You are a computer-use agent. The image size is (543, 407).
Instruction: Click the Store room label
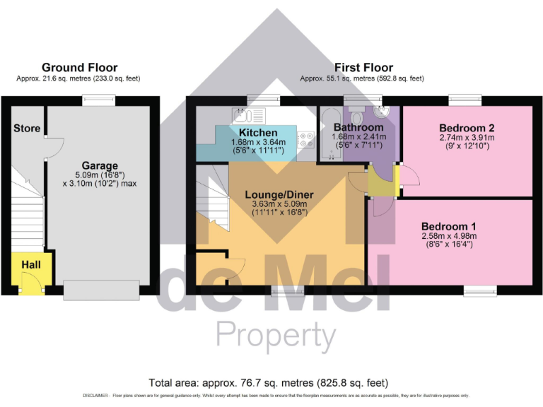point(26,129)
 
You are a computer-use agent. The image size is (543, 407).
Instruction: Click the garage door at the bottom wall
point(101,290)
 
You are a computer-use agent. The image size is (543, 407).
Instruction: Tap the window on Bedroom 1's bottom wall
point(479,290)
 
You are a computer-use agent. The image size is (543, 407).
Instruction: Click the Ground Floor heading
point(79,67)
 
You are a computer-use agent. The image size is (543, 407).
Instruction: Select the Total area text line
point(269,382)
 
